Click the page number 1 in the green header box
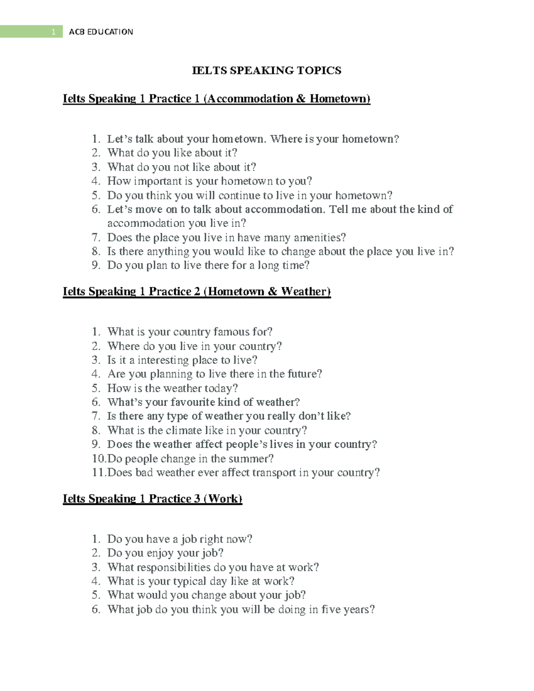tap(53, 32)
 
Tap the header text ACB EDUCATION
tap(101, 32)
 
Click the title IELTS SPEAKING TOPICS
tap(266, 71)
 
